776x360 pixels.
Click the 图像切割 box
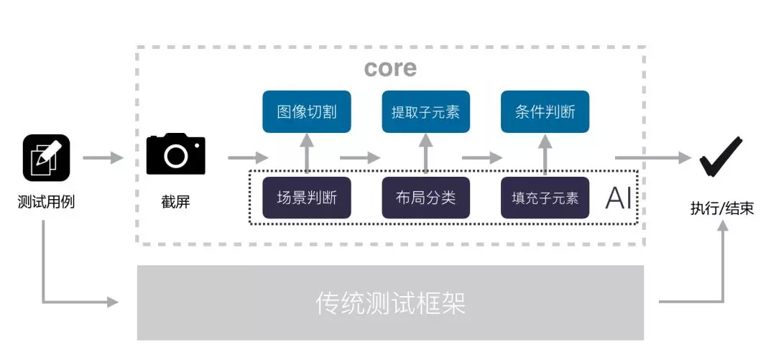307,111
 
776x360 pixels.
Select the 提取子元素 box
425,111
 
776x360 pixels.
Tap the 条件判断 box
545,111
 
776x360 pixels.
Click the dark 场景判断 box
307,198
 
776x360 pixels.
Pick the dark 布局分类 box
425,198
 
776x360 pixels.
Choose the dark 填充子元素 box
545,198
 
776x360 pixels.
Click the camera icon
176,154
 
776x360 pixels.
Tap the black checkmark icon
720,156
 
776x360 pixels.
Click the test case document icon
46,157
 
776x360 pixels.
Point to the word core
390,68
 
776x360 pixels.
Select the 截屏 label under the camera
176,202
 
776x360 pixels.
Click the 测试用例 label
46,202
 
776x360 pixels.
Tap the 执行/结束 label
722,208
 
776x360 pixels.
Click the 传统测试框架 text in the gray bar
391,303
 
